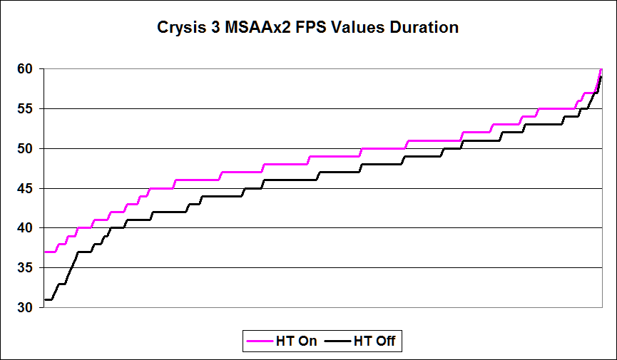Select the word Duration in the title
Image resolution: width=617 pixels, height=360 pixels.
point(424,28)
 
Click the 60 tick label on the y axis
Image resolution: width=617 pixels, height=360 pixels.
point(25,69)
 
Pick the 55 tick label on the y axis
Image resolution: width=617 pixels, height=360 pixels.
point(25,108)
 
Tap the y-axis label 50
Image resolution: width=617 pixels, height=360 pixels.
point(25,149)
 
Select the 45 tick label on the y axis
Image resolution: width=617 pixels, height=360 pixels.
point(25,188)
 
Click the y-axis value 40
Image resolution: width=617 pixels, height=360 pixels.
point(25,228)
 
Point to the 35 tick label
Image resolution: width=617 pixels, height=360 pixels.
point(25,267)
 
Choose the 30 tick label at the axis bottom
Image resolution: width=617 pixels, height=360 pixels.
point(25,307)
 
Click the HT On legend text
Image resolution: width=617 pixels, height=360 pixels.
point(296,341)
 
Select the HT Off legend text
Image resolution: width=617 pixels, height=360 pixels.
point(374,341)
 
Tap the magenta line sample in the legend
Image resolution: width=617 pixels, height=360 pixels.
point(260,341)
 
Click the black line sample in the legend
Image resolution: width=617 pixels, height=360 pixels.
point(337,341)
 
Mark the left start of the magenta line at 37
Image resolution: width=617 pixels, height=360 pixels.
point(45,252)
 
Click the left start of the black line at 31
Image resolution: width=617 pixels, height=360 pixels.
point(45,300)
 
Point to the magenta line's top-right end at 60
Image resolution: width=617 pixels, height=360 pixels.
point(601,70)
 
